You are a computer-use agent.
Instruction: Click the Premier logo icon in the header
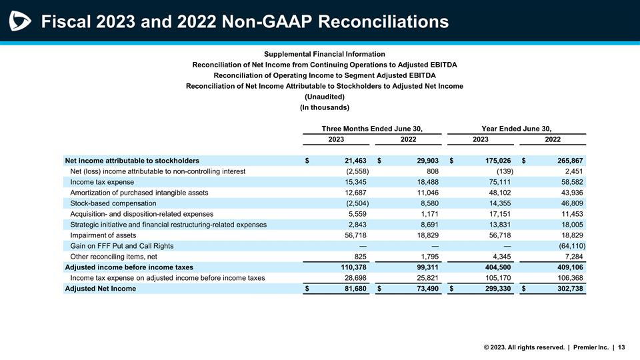(21, 21)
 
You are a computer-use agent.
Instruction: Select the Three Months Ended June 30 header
(372, 128)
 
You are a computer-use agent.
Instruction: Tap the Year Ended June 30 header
(516, 128)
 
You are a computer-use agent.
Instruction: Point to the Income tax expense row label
(102, 182)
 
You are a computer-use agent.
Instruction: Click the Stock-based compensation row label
(113, 203)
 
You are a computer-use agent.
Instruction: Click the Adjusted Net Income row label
(100, 289)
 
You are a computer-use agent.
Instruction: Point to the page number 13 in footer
(621, 347)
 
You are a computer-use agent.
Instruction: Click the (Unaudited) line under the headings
(324, 97)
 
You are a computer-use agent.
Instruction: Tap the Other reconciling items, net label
(113, 257)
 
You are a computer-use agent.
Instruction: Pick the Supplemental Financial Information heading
(324, 54)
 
